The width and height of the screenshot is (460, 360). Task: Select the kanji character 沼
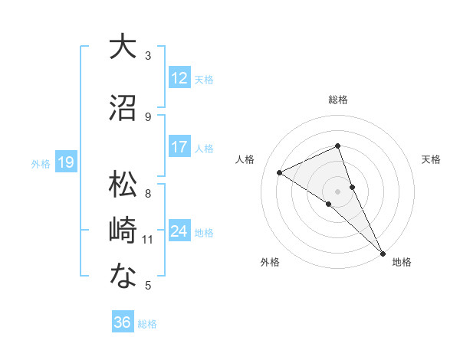pyautogui.click(x=123, y=107)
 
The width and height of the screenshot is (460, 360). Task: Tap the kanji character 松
pyautogui.click(x=123, y=184)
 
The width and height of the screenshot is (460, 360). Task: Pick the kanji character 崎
pyautogui.click(x=123, y=230)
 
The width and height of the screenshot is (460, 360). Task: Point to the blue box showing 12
pyautogui.click(x=179, y=77)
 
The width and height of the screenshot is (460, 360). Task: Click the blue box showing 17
pyautogui.click(x=179, y=147)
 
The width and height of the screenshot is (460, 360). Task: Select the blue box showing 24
pyautogui.click(x=179, y=231)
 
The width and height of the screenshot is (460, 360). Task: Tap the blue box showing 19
pyautogui.click(x=66, y=162)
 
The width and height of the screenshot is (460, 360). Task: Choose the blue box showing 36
pyautogui.click(x=123, y=322)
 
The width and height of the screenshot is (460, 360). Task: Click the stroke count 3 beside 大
pyautogui.click(x=148, y=55)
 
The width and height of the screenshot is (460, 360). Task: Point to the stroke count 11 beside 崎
pyautogui.click(x=148, y=240)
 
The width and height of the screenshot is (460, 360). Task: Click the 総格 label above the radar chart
pyautogui.click(x=338, y=100)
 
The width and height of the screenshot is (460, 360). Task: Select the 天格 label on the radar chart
pyautogui.click(x=431, y=159)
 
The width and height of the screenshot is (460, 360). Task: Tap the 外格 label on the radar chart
pyautogui.click(x=270, y=263)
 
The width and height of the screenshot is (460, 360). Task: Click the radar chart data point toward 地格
pyautogui.click(x=383, y=253)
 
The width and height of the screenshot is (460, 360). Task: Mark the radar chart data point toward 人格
pyautogui.click(x=280, y=172)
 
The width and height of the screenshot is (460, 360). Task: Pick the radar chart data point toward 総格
pyautogui.click(x=338, y=146)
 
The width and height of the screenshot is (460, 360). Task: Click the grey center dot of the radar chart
pyautogui.click(x=338, y=191)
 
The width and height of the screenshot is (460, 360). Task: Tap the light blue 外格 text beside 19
pyautogui.click(x=41, y=163)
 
